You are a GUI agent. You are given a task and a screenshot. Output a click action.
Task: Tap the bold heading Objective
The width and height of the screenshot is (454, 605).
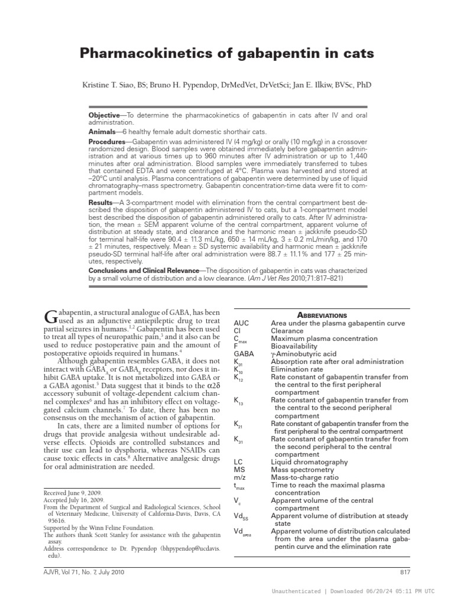coord(103,114)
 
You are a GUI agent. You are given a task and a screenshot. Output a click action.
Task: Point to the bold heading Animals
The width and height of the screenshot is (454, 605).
coord(102,132)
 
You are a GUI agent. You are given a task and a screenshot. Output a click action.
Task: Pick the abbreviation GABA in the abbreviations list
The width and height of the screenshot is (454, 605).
coord(243,354)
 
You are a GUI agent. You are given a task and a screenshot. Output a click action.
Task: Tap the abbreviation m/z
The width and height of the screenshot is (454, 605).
coord(239,477)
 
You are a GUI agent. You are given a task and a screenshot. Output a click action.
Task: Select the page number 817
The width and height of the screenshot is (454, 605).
coord(404,572)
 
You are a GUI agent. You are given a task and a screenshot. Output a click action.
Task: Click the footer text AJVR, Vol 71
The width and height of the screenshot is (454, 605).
coord(64,572)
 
